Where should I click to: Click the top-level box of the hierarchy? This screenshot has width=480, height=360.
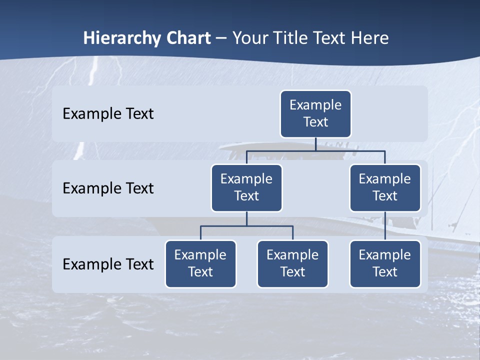pos(315,113)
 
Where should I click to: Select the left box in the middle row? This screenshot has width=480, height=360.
pos(246,187)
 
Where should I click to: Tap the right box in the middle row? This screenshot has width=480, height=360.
pos(385,187)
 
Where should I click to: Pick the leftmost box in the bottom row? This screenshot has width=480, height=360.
pos(200,263)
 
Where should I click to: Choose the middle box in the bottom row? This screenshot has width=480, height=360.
pos(292,263)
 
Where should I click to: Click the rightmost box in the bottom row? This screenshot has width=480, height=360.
pos(385,263)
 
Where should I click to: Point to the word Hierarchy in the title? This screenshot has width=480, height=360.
pos(121,38)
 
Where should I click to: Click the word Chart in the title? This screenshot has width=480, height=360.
pos(188,38)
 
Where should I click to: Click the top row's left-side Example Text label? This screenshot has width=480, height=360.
pos(108,114)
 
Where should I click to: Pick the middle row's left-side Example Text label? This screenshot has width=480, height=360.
pos(108,188)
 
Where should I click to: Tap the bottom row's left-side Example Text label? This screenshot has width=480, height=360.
pos(108,264)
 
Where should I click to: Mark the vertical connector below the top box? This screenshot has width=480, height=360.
pos(315,144)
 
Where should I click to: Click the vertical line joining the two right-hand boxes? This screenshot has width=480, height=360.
pos(385,225)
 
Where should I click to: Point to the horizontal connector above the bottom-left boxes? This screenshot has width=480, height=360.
pos(246,226)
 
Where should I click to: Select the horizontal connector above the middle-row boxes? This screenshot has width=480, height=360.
pos(315,150)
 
